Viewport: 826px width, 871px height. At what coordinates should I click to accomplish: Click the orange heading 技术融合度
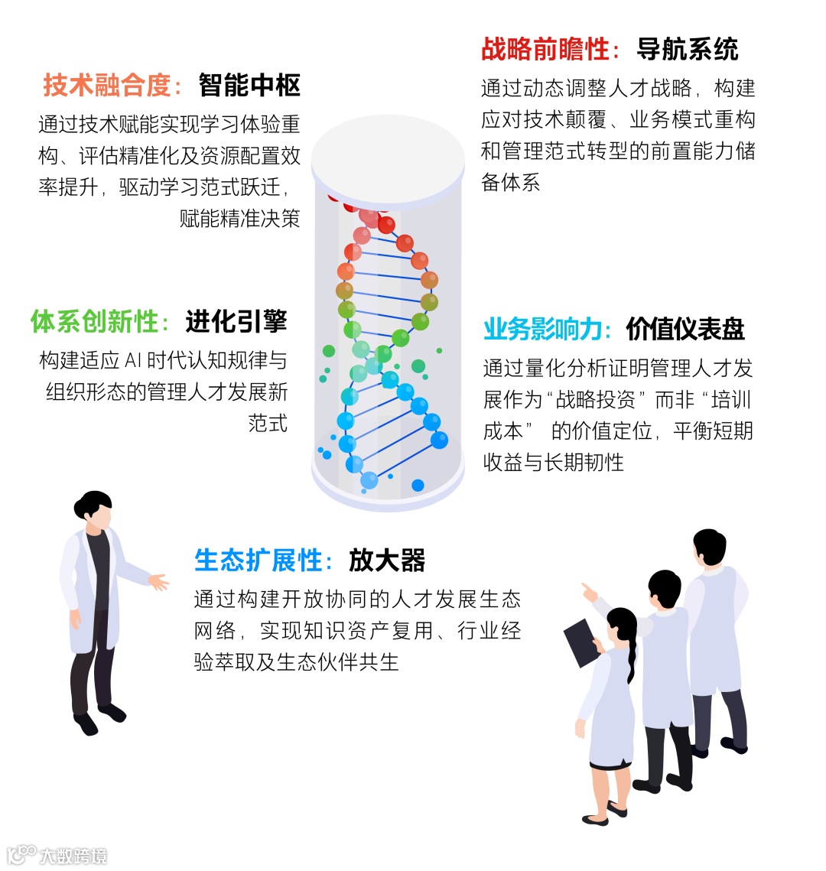107,85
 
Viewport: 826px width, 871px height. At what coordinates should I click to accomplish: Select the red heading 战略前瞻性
545,50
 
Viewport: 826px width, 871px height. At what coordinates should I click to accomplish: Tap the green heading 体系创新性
94,321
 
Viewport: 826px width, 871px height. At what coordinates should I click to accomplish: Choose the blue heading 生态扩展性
258,561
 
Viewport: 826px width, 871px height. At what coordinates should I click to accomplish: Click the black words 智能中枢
249,85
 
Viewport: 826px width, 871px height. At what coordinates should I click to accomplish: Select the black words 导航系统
688,50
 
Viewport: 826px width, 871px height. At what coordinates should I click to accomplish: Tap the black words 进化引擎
236,321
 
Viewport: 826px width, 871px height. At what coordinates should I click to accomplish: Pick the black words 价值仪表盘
685,329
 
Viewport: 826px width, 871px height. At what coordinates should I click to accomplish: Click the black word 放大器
387,561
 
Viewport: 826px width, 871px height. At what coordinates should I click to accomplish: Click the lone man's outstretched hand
158,582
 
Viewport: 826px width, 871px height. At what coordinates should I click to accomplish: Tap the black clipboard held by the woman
582,642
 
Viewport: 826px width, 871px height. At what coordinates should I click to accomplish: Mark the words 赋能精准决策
239,219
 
